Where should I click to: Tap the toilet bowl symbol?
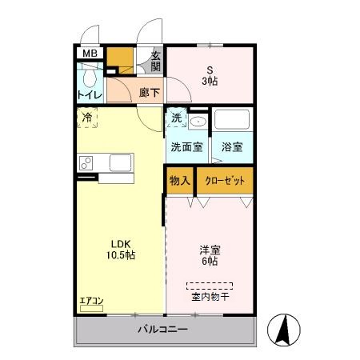pos(88,78)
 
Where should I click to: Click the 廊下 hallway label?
pos(149,93)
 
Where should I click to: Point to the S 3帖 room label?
pos(210,74)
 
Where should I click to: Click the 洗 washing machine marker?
pos(176,118)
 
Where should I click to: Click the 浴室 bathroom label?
pos(231,148)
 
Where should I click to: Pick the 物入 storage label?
pos(179,181)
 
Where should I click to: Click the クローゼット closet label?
pos(225,181)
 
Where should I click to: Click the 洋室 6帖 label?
pos(210,255)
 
